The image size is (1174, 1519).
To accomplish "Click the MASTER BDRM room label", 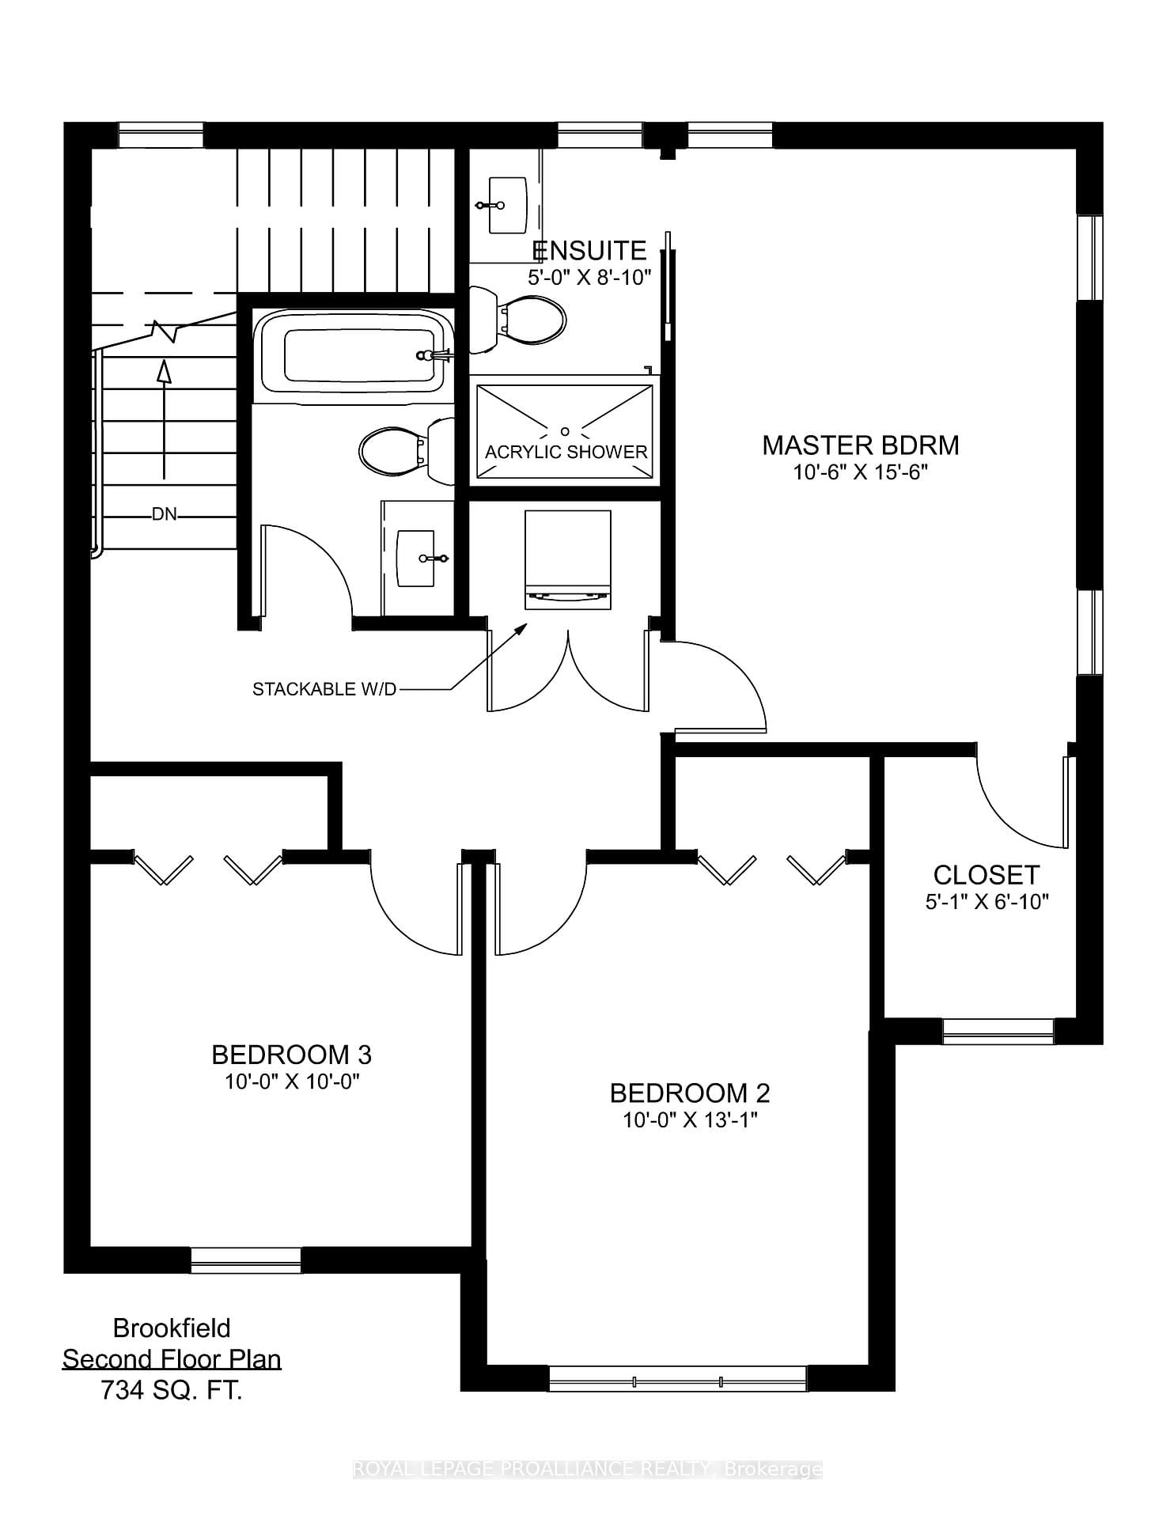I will tap(860, 445).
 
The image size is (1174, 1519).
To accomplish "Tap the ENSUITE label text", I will tap(589, 251).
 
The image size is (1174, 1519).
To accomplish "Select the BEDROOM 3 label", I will tap(291, 1055).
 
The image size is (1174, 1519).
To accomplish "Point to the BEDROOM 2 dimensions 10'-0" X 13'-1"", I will tap(690, 1119).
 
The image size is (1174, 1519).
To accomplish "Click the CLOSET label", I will tap(986, 875).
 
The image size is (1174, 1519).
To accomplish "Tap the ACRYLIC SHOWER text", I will tap(566, 452).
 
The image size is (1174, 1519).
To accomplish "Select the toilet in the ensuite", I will tap(522, 320).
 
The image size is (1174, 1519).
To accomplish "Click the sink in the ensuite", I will tap(506, 205).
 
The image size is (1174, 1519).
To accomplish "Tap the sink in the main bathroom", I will tap(417, 559).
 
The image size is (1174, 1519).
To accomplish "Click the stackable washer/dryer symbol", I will tap(567, 559).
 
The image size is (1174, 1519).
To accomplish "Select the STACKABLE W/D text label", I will tap(324, 689).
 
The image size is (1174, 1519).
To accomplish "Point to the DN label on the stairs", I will tap(164, 515).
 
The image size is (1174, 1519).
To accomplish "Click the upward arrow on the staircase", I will tap(164, 419).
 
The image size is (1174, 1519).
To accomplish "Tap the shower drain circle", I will tap(565, 431).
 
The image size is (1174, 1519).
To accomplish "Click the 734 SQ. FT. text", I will tap(171, 1390).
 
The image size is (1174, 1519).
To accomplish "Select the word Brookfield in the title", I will tap(172, 1328).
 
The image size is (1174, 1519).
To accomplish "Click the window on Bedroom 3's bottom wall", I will tap(246, 1260).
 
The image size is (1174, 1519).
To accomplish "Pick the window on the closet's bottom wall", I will tap(998, 1031).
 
